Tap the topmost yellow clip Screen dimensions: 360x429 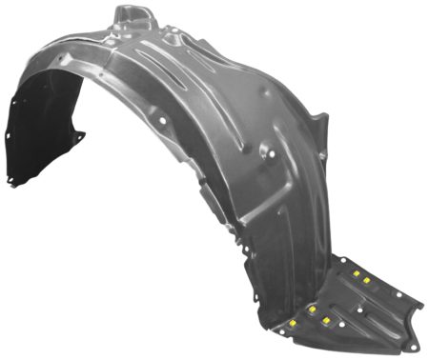pos(356,273)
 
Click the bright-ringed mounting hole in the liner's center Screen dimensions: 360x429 pos(270,150)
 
